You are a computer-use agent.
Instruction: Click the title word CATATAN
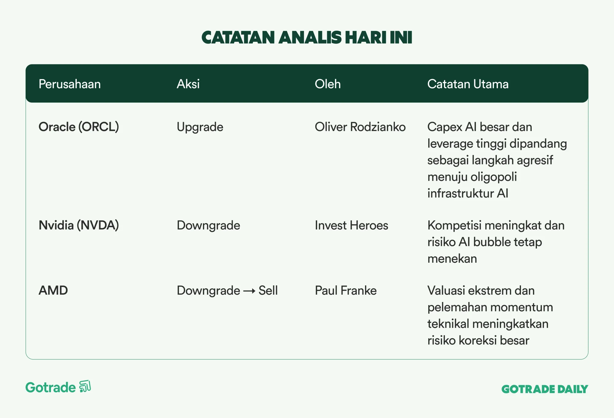(238, 37)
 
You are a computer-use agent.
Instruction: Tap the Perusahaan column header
(70, 84)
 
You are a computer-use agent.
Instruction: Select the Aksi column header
(188, 84)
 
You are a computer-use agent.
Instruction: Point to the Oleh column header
(328, 84)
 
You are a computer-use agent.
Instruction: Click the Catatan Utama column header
(468, 84)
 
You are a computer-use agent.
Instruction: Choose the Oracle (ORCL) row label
(79, 127)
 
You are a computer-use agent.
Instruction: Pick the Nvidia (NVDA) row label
(79, 225)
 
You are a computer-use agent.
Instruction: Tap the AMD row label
(53, 290)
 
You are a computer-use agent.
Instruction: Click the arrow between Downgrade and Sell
(249, 291)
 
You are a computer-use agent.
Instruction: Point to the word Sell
(268, 290)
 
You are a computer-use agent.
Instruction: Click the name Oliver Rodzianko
(360, 127)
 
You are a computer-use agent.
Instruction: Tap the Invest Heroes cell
(352, 225)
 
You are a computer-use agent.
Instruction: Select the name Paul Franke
(346, 290)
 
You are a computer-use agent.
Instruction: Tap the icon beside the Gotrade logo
(85, 386)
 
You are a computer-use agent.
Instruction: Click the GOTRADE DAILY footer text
(545, 389)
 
